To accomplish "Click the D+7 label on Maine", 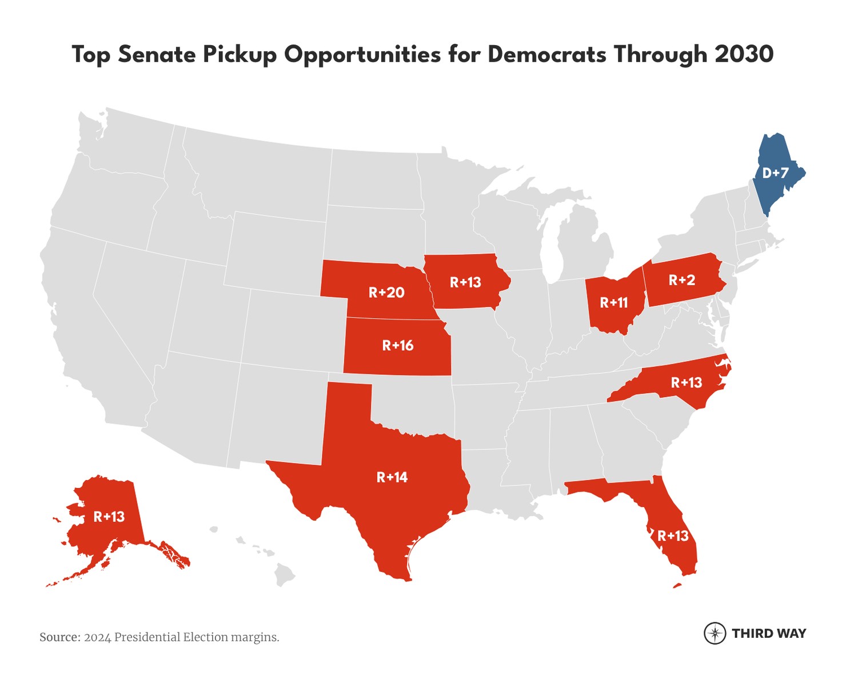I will point(775,173).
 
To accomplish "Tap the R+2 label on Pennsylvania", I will point(682,280).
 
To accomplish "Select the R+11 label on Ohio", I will point(614,303).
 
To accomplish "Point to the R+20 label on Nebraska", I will point(386,293).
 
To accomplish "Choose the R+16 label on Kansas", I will point(398,346).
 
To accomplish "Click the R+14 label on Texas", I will point(392,477).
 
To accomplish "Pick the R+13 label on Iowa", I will point(465,282).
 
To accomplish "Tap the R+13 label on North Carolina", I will point(687,382).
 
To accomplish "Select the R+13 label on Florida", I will point(673,536).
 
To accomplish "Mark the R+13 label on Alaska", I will point(109,517).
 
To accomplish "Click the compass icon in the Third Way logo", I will point(715,633).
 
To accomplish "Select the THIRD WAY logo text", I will point(769,633).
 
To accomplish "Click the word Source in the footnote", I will point(59,637).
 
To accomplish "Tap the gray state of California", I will point(80,326).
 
